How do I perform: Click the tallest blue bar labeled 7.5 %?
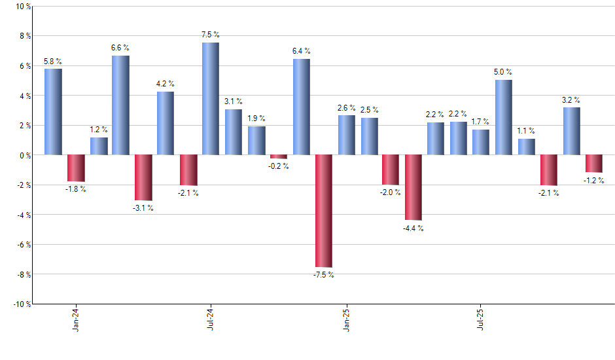pos(211,98)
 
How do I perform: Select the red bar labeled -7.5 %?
pos(324,211)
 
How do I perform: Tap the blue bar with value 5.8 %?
pos(53,111)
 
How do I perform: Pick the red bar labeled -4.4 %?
pos(413,187)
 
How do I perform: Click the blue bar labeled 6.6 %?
pos(120,105)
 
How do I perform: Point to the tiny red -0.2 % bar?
pos(279,156)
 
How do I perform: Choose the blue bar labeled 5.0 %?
pos(504,117)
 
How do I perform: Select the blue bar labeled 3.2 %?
pos(571,131)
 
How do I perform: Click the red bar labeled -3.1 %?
pos(143,177)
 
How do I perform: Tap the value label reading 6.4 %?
pos(302,51)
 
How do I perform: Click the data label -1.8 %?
pos(75,190)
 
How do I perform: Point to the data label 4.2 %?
pos(166,84)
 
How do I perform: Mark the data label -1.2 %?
pos(594,181)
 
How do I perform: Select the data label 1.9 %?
pos(256,118)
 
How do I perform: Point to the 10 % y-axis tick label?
pos(22,7)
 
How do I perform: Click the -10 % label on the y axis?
pos(21,304)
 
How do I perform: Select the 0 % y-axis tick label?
pos(24,155)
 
